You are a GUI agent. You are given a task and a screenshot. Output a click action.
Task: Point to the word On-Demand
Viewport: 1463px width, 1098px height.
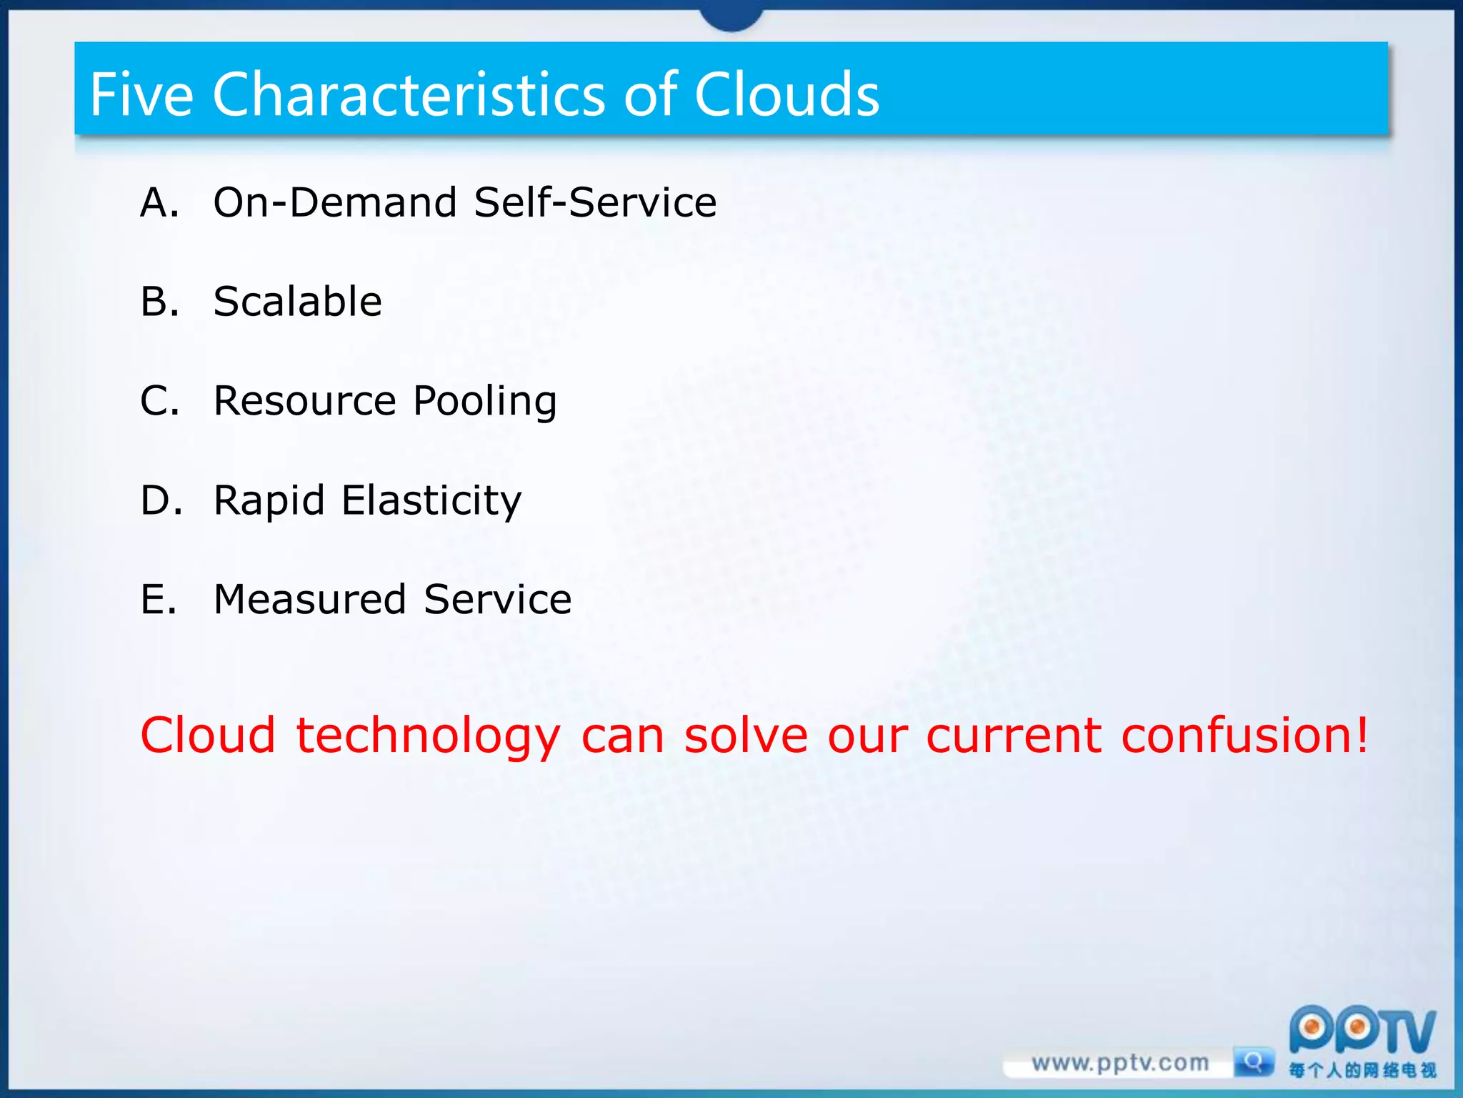335,202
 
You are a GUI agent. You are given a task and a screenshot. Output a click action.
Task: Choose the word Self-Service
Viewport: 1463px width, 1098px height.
595,202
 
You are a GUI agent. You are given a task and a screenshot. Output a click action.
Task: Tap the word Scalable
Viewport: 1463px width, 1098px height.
297,301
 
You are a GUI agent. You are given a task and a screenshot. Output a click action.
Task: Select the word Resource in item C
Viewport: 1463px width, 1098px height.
304,400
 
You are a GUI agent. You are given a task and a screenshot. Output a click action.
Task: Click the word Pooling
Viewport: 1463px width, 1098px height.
485,402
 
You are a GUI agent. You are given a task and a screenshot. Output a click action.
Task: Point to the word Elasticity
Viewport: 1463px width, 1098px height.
431,500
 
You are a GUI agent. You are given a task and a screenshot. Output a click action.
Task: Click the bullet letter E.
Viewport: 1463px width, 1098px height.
158,599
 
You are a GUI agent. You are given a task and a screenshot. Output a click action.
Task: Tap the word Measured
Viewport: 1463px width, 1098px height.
309,599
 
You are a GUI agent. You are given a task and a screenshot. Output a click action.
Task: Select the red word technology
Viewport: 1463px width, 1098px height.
429,736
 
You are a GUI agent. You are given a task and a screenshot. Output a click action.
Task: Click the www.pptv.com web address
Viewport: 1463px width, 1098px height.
1119,1064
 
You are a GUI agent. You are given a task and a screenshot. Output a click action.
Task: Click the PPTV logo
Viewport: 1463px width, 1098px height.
1361,1032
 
